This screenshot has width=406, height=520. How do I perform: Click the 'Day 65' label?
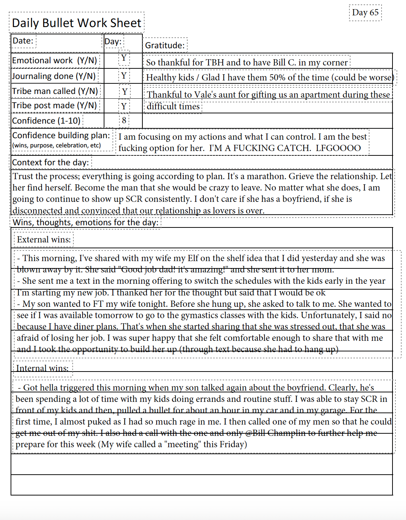[x=365, y=12]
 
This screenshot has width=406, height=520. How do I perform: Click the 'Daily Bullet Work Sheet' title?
[x=76, y=23]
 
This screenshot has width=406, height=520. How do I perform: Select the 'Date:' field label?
[x=23, y=41]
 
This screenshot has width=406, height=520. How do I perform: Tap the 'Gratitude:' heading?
[x=165, y=45]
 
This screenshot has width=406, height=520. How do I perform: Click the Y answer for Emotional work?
[x=124, y=58]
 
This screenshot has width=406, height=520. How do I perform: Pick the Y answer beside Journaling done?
[x=124, y=76]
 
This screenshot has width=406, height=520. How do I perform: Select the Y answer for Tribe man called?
[x=125, y=91]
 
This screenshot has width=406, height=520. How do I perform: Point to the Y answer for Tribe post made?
[x=124, y=106]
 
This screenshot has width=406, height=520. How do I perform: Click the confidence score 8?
[x=124, y=120]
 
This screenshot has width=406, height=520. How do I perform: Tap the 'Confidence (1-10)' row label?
[x=46, y=121]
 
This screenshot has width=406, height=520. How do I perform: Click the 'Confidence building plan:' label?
[x=61, y=135]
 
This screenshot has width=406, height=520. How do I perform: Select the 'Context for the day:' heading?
[x=50, y=162]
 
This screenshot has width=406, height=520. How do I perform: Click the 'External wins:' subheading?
[x=44, y=240]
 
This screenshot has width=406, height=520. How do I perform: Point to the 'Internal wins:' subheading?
[x=42, y=368]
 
